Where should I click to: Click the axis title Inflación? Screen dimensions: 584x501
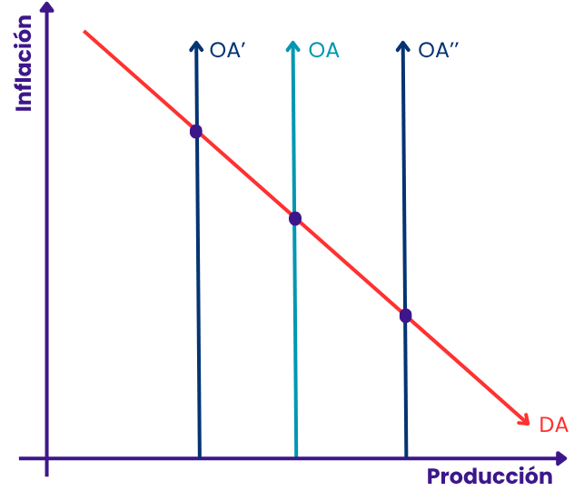tap(24, 64)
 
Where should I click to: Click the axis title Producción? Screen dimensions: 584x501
tap(490, 476)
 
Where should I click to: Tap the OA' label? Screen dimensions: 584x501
tap(227, 50)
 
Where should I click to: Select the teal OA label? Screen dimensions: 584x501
tap(324, 50)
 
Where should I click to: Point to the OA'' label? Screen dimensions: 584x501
tap(439, 50)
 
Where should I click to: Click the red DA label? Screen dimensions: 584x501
tap(554, 425)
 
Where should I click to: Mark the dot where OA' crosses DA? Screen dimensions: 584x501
tap(196, 131)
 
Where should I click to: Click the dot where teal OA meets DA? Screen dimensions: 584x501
tap(295, 218)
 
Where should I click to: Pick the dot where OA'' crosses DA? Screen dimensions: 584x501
tap(406, 316)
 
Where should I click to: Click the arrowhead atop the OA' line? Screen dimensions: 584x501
tap(196, 46)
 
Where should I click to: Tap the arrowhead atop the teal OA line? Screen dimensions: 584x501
tap(293, 46)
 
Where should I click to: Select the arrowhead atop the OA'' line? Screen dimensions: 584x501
tap(403, 46)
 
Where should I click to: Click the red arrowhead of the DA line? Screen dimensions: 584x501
tap(525, 420)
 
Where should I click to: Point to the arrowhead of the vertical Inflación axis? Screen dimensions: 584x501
tap(47, 7)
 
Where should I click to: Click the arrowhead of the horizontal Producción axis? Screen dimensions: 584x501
tap(561, 458)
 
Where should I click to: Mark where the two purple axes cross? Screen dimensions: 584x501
tap(47, 458)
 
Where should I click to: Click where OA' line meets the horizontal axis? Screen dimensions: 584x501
tap(200, 457)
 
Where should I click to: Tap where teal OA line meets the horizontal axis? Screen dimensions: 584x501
tap(296, 457)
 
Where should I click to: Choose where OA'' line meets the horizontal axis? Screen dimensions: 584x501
tap(406, 457)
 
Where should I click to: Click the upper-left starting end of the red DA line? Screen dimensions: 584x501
tap(84, 32)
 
